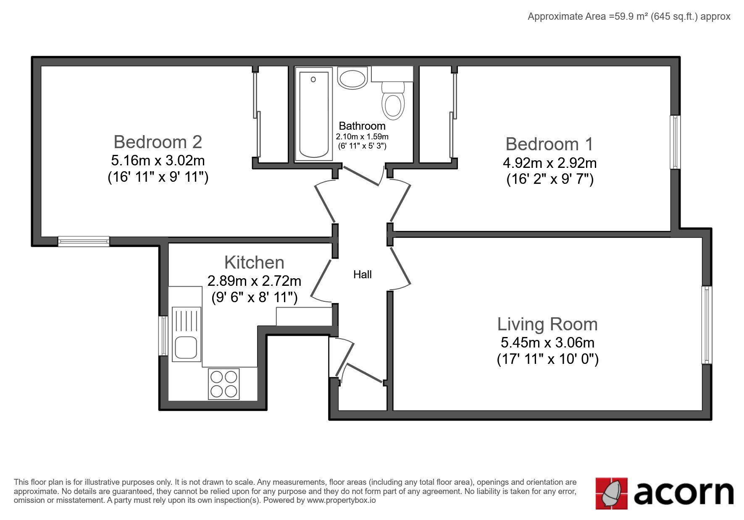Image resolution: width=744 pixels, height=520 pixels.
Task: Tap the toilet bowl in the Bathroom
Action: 393,101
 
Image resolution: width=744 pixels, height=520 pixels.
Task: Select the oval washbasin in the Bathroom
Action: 353,78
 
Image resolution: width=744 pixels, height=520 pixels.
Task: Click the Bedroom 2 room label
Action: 158,142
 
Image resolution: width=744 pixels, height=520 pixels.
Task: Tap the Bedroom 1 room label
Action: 549,144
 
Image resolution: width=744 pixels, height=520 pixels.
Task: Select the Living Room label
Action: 547,324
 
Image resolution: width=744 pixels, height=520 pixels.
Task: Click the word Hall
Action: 363,274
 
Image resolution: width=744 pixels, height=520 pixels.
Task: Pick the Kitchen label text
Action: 255,262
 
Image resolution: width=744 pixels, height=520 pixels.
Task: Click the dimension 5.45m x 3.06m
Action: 547,342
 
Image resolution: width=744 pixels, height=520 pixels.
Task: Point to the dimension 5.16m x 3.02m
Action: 158,160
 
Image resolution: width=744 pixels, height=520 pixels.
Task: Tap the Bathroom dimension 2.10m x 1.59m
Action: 362,137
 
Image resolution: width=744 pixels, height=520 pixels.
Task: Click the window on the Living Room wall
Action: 707,325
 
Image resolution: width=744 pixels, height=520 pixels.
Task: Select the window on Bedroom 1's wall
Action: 675,142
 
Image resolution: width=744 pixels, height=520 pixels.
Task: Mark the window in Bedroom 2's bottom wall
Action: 84,241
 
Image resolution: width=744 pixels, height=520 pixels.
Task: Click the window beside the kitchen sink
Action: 163,336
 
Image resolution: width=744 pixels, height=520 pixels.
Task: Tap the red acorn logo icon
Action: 612,493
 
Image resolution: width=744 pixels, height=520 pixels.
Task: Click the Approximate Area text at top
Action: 629,16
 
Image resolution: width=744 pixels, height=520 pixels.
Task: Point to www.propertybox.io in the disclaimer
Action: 342,500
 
